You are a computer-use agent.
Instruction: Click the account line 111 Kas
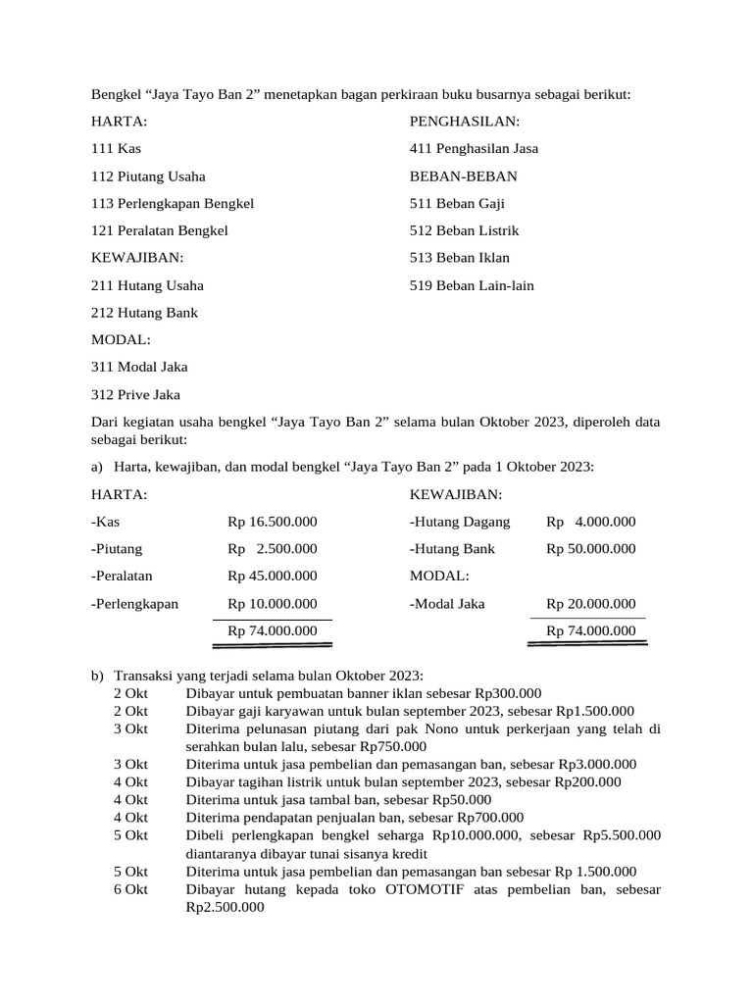pyautogui.click(x=116, y=149)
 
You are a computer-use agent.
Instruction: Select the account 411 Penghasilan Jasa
pyautogui.click(x=474, y=149)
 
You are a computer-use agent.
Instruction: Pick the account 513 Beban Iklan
pyautogui.click(x=460, y=258)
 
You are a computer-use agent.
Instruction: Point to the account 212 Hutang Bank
pyautogui.click(x=144, y=313)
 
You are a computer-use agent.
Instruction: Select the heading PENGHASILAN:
pyautogui.click(x=465, y=122)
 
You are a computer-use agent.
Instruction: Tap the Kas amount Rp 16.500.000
pyautogui.click(x=273, y=522)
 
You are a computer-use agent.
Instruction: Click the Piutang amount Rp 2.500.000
pyautogui.click(x=273, y=549)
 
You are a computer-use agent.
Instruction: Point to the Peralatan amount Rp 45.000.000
pyautogui.click(x=273, y=577)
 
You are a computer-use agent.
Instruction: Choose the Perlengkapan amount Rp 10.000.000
pyautogui.click(x=273, y=604)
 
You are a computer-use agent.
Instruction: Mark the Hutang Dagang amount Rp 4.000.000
pyautogui.click(x=591, y=522)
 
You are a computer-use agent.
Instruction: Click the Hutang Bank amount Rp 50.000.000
pyautogui.click(x=591, y=549)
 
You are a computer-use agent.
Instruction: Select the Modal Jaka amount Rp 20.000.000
pyautogui.click(x=591, y=604)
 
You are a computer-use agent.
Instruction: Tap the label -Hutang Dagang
pyautogui.click(x=460, y=522)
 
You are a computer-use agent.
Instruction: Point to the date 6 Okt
pyautogui.click(x=130, y=889)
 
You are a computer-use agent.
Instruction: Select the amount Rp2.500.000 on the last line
pyautogui.click(x=225, y=907)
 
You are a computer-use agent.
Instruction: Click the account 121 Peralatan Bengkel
pyautogui.click(x=159, y=230)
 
